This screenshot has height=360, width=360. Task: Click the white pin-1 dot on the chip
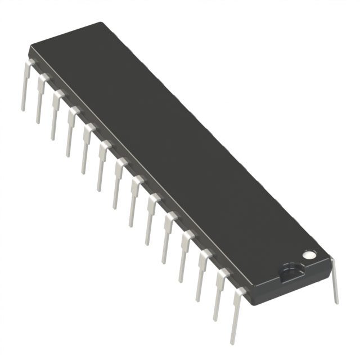[308, 254]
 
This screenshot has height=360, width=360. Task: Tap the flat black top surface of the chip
[169, 141]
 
